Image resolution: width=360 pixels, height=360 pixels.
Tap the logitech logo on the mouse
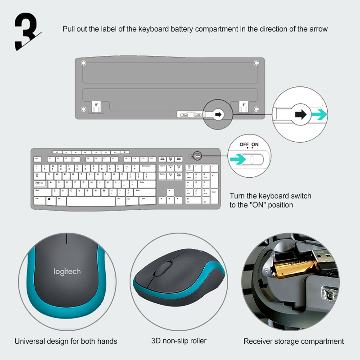point(67,271)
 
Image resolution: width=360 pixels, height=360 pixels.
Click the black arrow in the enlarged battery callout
point(299,114)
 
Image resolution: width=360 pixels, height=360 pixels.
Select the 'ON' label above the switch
point(255,144)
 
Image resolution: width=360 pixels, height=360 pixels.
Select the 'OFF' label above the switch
point(244,144)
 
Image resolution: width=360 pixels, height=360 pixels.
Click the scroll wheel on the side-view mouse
point(160,270)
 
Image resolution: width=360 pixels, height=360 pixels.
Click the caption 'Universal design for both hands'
point(66,341)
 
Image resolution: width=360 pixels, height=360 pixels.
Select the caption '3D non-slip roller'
point(179,341)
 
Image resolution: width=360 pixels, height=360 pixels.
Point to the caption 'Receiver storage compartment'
point(293,341)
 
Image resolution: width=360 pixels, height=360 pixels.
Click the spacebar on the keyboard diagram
point(90,200)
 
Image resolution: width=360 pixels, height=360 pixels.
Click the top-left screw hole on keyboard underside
point(83,63)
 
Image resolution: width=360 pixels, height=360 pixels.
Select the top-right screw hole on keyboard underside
point(256,63)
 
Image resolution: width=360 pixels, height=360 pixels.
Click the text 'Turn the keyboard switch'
point(270,196)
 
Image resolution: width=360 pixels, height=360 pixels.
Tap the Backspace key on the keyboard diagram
point(145,167)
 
